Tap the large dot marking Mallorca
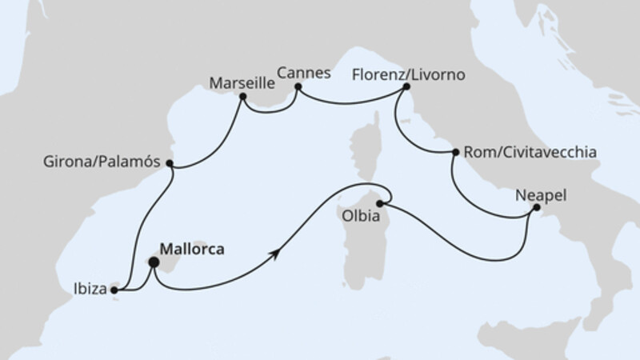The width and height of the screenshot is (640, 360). pyautogui.click(x=154, y=259)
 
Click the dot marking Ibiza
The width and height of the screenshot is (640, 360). pyautogui.click(x=114, y=290)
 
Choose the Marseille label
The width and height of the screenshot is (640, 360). pyautogui.click(x=242, y=82)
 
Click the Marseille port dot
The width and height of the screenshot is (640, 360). pyautogui.click(x=242, y=98)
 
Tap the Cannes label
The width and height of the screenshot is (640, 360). pyautogui.click(x=305, y=71)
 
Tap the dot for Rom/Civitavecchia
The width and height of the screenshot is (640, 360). pyautogui.click(x=455, y=152)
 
